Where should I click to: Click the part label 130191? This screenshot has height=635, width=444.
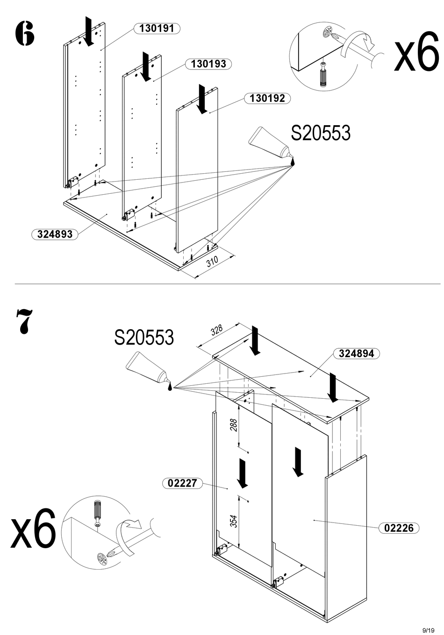(157, 28)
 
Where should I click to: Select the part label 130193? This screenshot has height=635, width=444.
(208, 64)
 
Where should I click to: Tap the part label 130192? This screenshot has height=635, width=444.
(267, 99)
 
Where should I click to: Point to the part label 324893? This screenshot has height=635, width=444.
(55, 234)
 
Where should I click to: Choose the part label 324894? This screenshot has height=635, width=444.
(356, 353)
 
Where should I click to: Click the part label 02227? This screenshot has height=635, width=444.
(182, 482)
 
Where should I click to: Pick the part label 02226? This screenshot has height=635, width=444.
(399, 528)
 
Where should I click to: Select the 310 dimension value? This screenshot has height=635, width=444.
(212, 261)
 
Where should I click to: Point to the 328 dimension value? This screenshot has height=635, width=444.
(216, 331)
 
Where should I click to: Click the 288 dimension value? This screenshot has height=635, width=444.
(234, 425)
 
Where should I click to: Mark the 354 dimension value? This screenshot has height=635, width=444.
(234, 521)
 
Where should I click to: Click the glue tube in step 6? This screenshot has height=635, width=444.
(272, 146)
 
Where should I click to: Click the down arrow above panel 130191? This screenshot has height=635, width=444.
(89, 31)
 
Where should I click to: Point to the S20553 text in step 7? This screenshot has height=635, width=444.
(144, 337)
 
